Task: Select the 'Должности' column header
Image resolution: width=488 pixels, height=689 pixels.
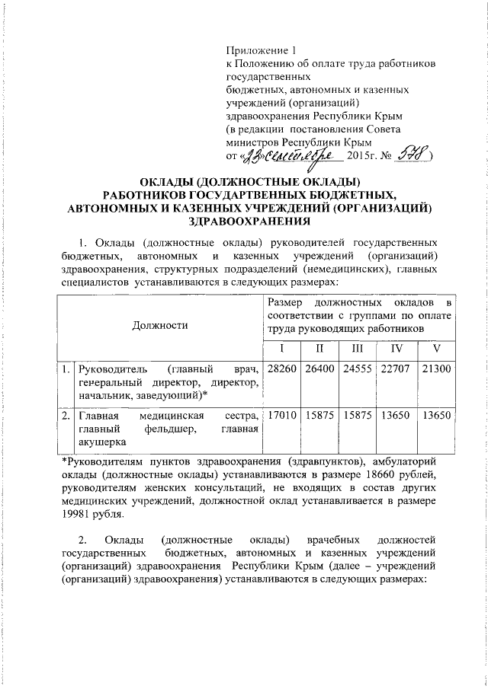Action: (160, 325)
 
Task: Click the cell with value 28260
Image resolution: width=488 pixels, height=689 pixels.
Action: (281, 368)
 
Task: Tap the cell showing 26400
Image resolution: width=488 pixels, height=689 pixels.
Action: (319, 368)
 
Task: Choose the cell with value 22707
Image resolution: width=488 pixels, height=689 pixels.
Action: (396, 368)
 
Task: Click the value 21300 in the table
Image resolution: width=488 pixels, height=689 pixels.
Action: (437, 368)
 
